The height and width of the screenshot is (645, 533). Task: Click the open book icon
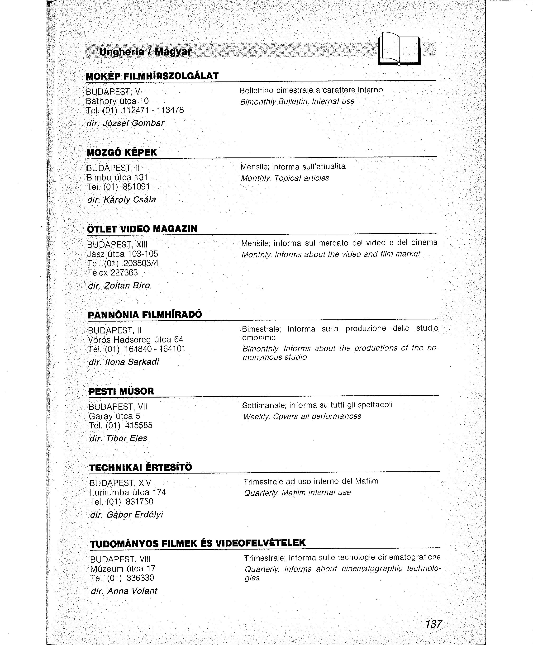tap(399, 49)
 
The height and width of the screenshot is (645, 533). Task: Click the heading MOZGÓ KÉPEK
tap(122, 152)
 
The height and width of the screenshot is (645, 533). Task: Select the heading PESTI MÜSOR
tap(121, 391)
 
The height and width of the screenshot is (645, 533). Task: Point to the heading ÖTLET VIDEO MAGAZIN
tap(142, 229)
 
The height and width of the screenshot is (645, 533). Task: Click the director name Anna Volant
tap(132, 591)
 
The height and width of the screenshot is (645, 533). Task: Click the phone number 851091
tap(136, 187)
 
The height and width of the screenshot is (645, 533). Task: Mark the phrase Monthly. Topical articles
tap(285, 178)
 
